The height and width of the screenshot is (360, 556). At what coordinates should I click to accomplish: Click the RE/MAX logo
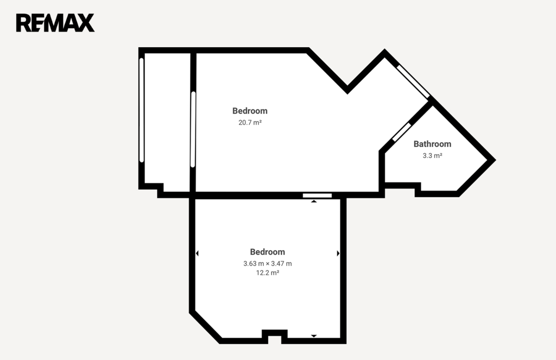[55, 23]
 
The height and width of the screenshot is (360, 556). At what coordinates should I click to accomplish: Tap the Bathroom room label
[432, 144]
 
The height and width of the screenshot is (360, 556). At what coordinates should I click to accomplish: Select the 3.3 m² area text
[432, 155]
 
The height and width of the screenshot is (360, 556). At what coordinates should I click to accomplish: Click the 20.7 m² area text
[250, 122]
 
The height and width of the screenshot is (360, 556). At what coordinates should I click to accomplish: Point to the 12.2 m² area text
[268, 273]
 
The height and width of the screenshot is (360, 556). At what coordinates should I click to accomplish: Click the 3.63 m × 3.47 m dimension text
[268, 263]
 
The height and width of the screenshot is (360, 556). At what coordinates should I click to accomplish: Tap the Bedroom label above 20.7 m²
[250, 111]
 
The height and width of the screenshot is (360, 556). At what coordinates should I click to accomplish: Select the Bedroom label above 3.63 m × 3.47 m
[268, 252]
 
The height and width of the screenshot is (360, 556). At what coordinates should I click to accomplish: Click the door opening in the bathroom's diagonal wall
[402, 132]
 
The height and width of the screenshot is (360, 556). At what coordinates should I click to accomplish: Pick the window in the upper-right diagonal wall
[413, 81]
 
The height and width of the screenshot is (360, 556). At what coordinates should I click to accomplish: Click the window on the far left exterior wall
[142, 110]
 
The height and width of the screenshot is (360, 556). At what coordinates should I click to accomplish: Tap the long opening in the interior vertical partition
[193, 129]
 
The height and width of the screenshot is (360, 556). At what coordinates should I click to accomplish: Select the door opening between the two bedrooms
[317, 195]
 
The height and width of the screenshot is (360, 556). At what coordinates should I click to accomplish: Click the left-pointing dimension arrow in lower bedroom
[197, 253]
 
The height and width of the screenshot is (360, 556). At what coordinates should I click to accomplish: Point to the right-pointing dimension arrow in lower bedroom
[338, 253]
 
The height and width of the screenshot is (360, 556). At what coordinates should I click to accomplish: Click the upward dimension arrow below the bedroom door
[314, 201]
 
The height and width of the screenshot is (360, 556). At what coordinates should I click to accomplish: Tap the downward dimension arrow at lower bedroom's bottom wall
[314, 336]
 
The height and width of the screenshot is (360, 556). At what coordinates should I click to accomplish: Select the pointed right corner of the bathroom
[494, 160]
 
